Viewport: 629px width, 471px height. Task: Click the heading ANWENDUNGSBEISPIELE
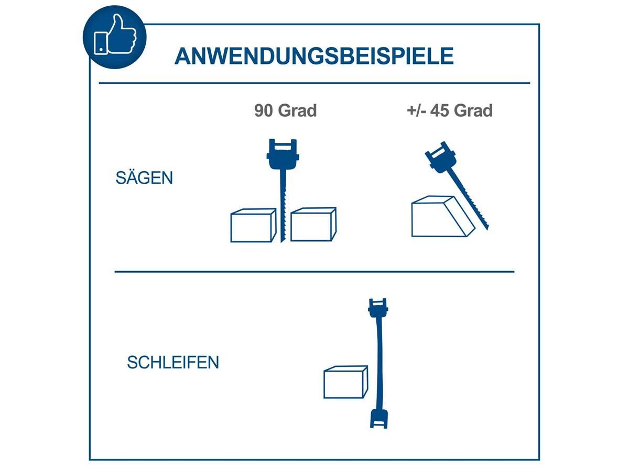pos(313,56)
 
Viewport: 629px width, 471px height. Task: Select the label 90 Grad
pos(286,111)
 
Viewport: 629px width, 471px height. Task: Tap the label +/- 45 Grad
pos(450,111)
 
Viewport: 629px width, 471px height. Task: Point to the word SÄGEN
pos(144,178)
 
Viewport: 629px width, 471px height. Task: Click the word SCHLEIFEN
pos(173,363)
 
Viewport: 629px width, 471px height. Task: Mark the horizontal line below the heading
pos(314,83)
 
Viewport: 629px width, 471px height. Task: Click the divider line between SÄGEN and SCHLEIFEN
pos(314,272)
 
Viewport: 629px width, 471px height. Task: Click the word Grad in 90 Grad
pos(298,111)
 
